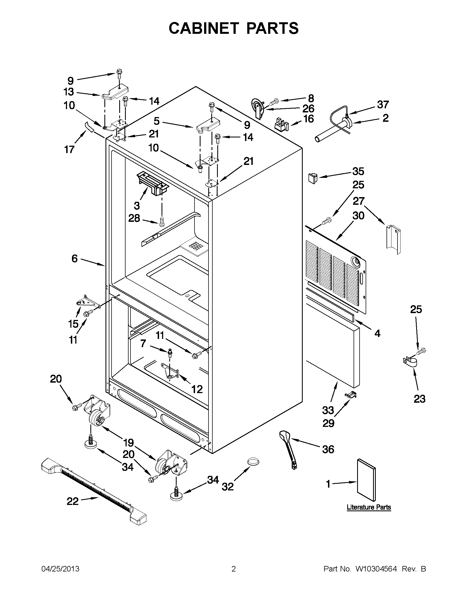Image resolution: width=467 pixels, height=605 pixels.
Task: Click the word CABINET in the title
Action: (204, 28)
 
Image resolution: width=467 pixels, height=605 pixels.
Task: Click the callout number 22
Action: (73, 501)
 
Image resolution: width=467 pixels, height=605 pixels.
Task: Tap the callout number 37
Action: (383, 105)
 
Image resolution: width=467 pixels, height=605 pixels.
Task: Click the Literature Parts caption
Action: (369, 507)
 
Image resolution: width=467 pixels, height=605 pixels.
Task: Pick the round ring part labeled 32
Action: (253, 462)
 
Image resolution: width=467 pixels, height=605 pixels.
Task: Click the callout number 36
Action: (328, 449)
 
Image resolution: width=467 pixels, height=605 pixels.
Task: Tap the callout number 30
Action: (358, 216)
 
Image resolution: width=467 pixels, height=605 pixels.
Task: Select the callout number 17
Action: (70, 150)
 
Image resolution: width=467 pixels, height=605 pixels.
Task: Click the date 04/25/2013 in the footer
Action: (60, 569)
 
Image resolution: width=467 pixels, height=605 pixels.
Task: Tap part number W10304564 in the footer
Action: (376, 569)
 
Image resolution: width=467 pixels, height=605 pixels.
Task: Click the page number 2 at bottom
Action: (233, 569)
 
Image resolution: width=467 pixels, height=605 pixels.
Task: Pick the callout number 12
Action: (197, 389)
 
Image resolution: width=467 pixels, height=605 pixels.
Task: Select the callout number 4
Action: (377, 333)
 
